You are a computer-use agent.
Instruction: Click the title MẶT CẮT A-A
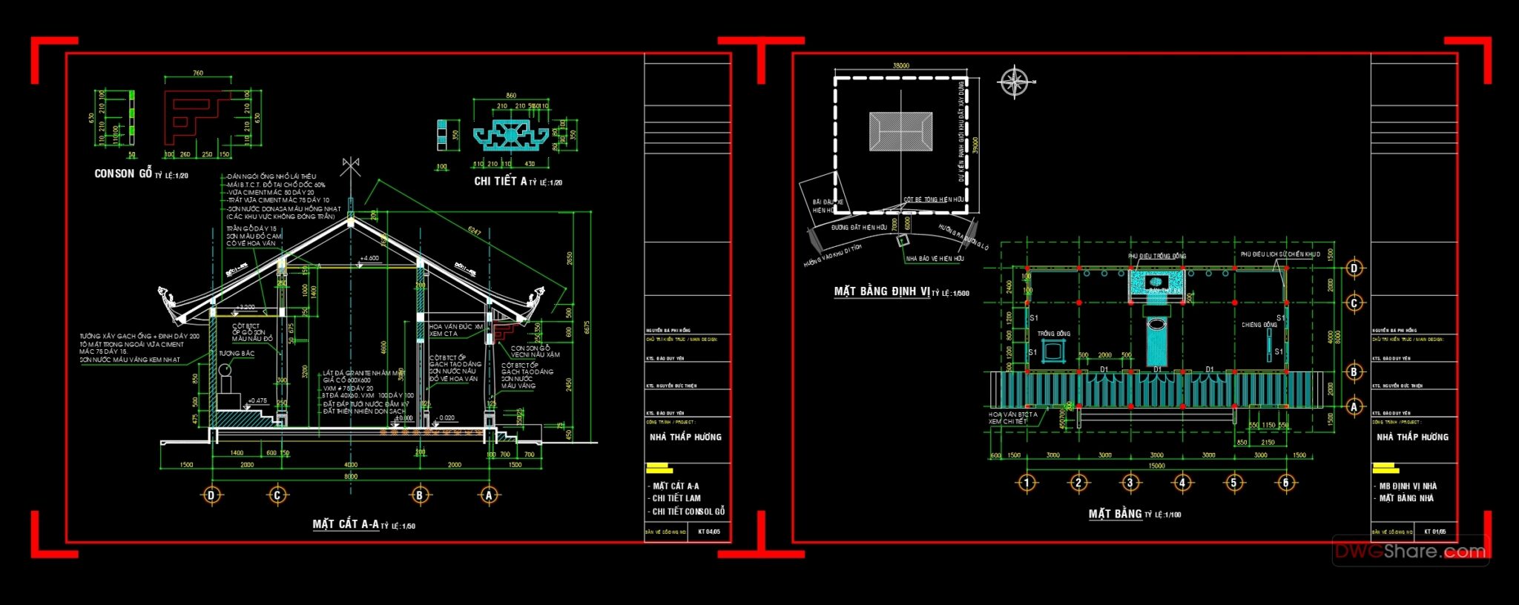tap(346, 524)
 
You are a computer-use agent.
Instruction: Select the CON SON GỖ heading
tap(123, 173)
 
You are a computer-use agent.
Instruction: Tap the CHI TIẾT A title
tap(501, 181)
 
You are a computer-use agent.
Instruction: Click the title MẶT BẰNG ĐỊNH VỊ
tap(882, 291)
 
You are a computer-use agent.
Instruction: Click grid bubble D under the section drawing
tap(211, 495)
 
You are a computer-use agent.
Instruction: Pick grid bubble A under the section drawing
tap(489, 495)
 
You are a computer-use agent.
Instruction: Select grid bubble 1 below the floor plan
tap(1027, 483)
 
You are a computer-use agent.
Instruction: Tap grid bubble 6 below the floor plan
tap(1286, 483)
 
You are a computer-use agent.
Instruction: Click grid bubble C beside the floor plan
tap(1354, 303)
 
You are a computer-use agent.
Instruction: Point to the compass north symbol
tap(1015, 82)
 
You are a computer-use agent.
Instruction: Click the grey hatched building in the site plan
tap(900, 132)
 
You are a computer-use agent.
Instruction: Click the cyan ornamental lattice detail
tap(511, 135)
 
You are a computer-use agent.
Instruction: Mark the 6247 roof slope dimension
tap(474, 232)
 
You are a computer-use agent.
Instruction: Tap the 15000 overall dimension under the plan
tap(1156, 466)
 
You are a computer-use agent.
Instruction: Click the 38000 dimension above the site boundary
tap(900, 65)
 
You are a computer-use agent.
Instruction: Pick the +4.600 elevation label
tap(369, 258)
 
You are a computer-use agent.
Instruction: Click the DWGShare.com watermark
tap(1410, 551)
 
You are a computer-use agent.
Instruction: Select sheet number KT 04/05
tap(708, 532)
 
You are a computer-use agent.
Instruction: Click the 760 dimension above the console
tap(198, 73)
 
